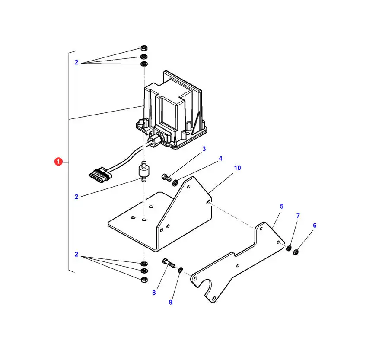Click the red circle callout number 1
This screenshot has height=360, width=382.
[x=59, y=162]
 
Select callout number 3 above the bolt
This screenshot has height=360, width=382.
[x=204, y=149]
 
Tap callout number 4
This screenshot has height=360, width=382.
[x=220, y=159]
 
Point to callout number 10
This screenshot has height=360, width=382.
[x=237, y=168]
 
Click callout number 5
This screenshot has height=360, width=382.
[x=282, y=207]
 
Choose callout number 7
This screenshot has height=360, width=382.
[x=298, y=216]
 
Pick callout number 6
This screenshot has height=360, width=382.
[x=315, y=225]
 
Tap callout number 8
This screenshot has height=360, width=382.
[x=153, y=293]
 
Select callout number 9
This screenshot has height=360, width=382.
[x=171, y=302]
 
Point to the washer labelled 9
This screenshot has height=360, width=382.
[x=181, y=270]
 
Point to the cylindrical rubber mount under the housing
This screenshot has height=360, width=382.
[x=143, y=171]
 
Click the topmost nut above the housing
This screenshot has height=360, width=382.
[x=144, y=48]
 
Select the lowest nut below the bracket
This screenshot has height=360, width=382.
[x=144, y=279]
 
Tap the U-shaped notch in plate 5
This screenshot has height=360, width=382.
[x=207, y=286]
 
